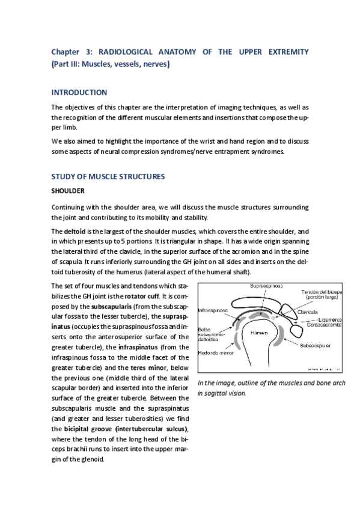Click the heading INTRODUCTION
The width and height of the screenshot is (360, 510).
(x=79, y=93)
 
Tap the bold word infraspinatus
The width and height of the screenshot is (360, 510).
(x=137, y=348)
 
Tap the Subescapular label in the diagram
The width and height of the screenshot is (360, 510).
(x=316, y=345)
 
